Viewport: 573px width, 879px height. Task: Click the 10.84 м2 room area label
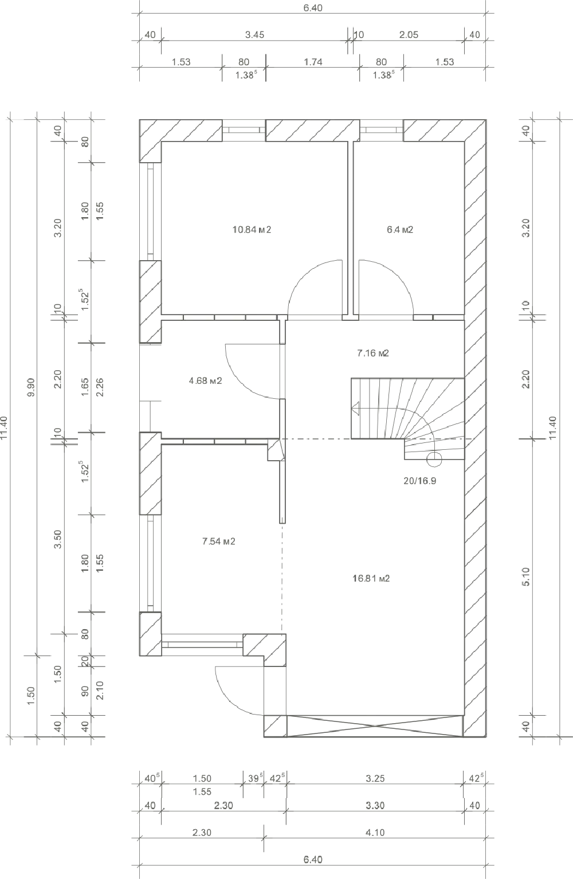(x=252, y=230)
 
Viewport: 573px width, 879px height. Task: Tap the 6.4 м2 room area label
(x=400, y=230)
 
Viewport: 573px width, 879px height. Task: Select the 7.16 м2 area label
(x=373, y=353)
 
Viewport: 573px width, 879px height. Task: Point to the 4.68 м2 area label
(x=205, y=380)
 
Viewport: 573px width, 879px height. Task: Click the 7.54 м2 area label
(x=219, y=541)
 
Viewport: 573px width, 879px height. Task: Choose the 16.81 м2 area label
(x=371, y=578)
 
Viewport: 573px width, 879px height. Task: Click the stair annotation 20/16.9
(x=420, y=481)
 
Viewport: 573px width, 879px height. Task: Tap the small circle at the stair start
(x=434, y=460)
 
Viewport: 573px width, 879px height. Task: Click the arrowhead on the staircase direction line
(x=356, y=409)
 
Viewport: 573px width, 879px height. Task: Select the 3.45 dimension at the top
(x=255, y=34)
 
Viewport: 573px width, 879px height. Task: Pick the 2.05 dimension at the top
(x=409, y=34)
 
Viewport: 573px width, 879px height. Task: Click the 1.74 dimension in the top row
(x=313, y=62)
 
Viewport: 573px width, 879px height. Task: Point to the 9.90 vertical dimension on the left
(x=32, y=387)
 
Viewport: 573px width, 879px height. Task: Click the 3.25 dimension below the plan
(x=375, y=778)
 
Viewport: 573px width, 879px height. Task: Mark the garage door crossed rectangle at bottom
(x=375, y=726)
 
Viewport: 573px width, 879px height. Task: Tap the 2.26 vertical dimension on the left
(x=100, y=387)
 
